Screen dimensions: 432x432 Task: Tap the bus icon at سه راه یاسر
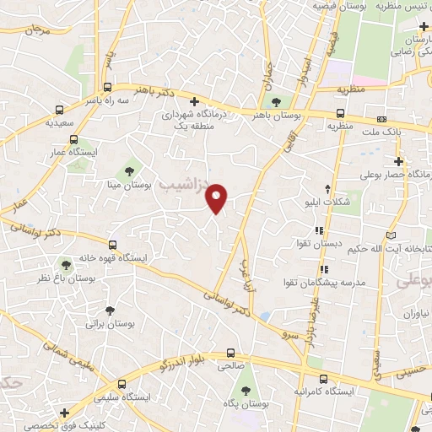[x=107, y=87]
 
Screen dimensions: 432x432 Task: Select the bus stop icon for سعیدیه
[x=59, y=110]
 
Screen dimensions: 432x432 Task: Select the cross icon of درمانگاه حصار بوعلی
[x=398, y=160]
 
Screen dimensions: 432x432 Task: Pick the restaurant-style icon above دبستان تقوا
[x=318, y=229]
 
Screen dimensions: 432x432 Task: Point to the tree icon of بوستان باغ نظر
[x=61, y=265]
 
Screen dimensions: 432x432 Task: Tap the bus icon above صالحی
[x=230, y=354]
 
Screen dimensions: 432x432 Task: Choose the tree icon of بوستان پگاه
[x=246, y=390]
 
